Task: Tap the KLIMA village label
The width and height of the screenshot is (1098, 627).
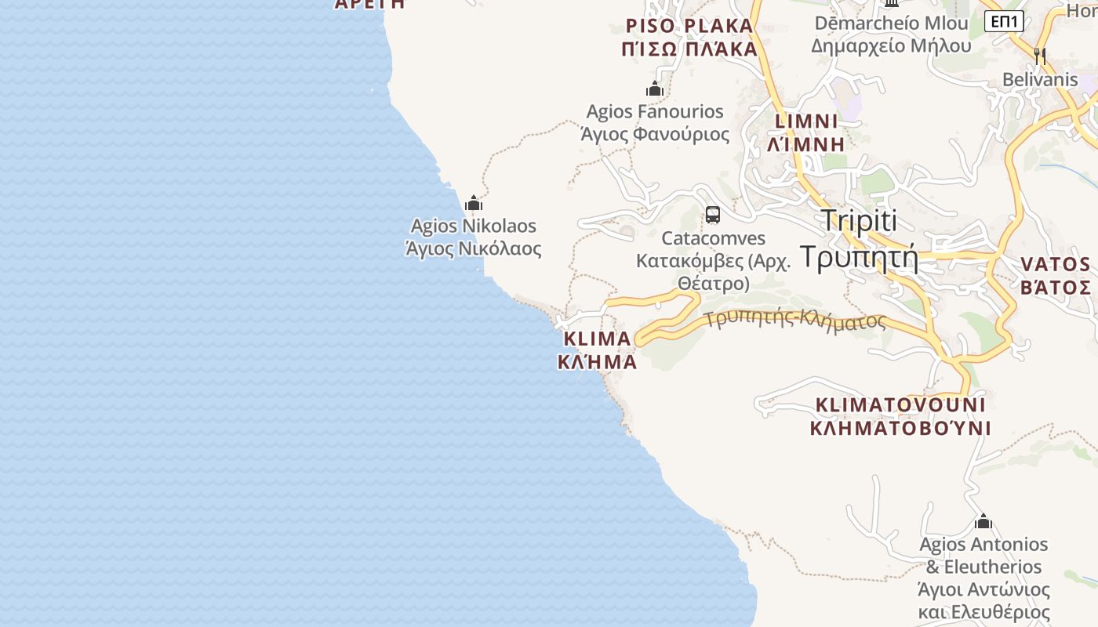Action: point(597,339)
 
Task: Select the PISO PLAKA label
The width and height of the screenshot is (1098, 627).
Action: point(689,26)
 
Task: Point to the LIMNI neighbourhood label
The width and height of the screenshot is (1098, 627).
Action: point(806,121)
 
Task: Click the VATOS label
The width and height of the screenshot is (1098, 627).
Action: point(1055,264)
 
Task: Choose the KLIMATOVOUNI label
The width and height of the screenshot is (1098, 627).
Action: point(900,405)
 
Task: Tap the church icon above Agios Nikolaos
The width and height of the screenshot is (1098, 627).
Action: point(473,204)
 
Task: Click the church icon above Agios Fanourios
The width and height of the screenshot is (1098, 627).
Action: point(655,89)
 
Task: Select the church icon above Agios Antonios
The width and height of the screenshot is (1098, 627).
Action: point(983,521)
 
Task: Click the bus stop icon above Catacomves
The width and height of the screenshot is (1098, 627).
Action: point(712,214)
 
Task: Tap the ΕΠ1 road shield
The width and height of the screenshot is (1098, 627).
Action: point(1004,21)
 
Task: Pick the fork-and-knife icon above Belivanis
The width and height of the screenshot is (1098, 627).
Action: point(1040,56)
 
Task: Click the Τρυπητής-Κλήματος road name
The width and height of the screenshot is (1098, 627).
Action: point(794,320)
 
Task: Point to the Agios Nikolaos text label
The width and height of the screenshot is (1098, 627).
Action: point(473,227)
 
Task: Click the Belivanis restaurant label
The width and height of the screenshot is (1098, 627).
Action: point(1040,79)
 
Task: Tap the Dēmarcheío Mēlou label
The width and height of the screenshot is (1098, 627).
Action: point(891,23)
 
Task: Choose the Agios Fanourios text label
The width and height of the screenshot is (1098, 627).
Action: point(655,112)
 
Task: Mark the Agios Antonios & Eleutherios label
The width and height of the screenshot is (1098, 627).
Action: point(983,555)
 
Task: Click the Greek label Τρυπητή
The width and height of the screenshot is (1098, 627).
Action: point(859,257)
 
